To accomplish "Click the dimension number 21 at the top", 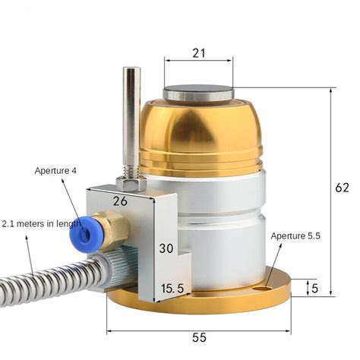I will click(198, 52).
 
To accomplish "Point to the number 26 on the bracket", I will click(120, 201).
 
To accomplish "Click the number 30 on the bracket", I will click(166, 248).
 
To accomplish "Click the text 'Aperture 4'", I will click(55, 170).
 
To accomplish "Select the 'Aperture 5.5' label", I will click(296, 236).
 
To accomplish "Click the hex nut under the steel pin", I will click(131, 185).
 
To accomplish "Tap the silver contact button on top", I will click(198, 93).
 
